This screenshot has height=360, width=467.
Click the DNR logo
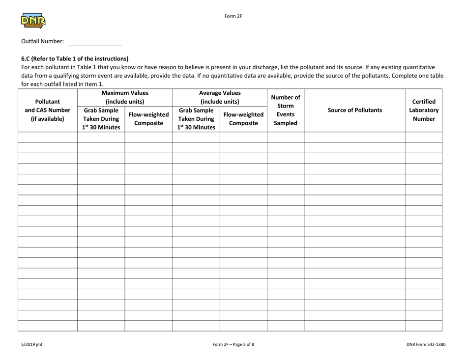coord(33,21)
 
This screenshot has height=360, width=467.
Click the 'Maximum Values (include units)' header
coord(125,97)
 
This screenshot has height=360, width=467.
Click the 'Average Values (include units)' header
coord(220,97)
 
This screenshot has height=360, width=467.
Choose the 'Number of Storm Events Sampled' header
coord(286,110)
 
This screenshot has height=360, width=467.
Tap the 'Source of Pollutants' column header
coord(354,110)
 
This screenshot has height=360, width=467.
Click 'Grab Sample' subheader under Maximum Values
coord(101,119)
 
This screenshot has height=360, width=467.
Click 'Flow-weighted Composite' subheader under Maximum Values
coord(148,119)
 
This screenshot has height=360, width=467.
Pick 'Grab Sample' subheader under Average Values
coord(196,119)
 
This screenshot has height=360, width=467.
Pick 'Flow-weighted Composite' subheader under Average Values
coord(243,119)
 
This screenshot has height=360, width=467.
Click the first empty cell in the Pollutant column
coord(47,138)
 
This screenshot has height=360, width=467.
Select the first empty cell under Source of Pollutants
coord(354,138)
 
